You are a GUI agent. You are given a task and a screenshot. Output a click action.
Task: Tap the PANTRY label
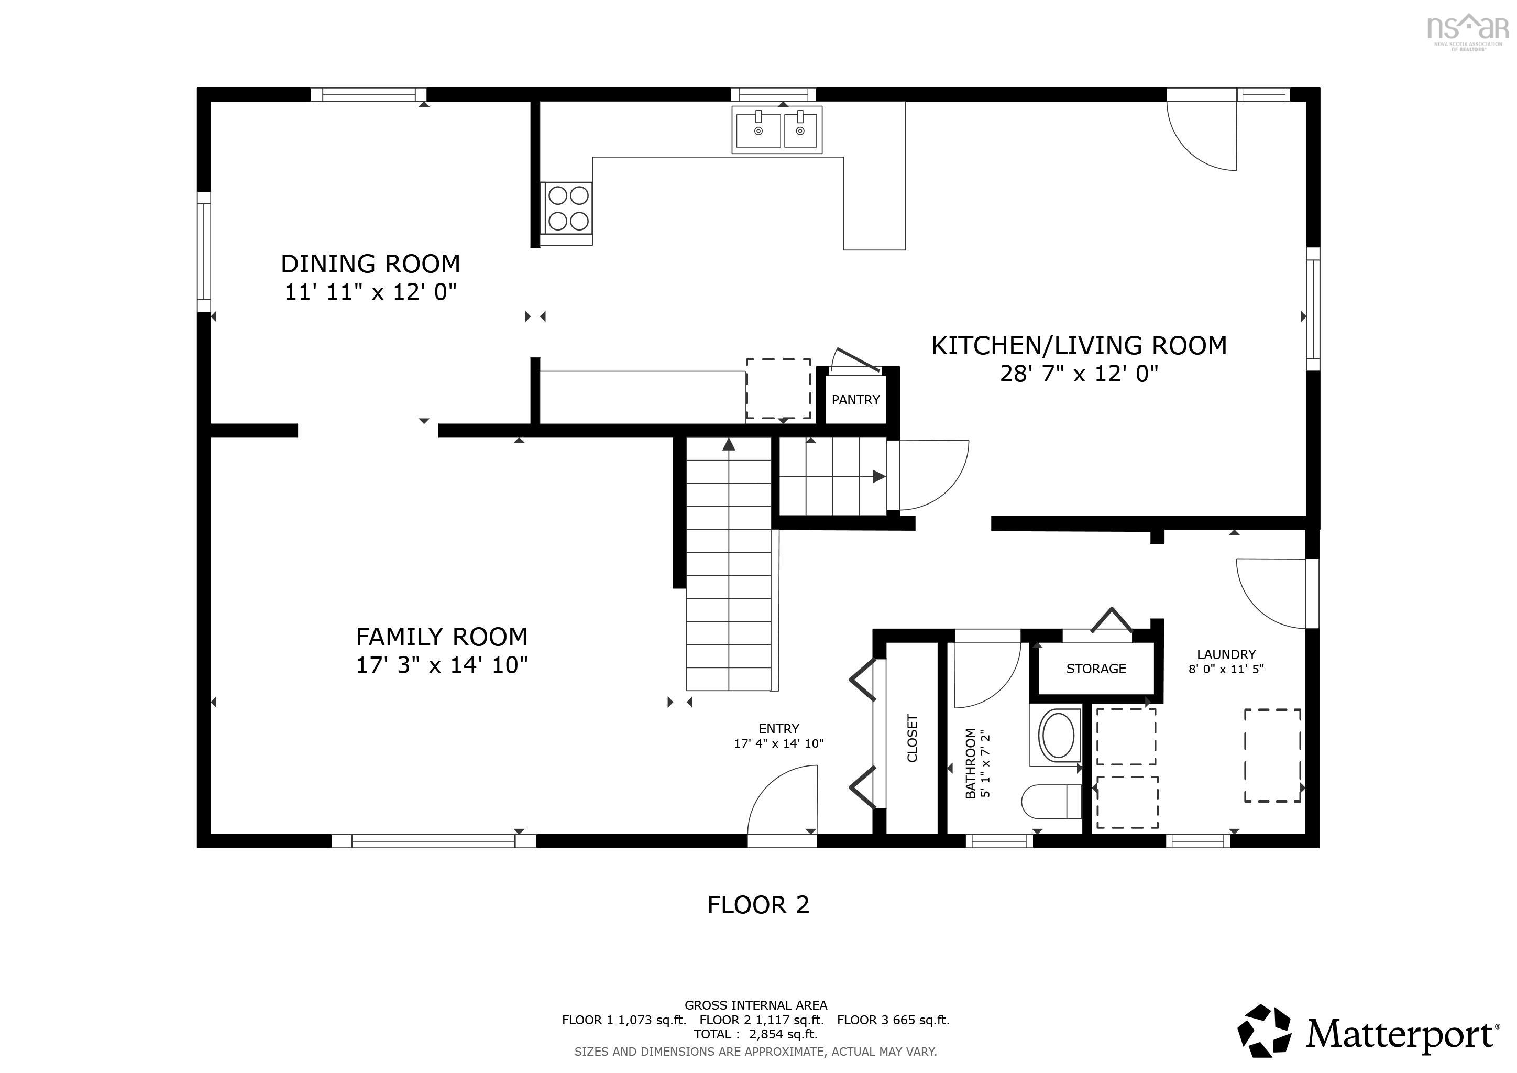855,400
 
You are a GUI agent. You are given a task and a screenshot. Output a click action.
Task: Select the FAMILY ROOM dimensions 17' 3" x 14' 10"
442,665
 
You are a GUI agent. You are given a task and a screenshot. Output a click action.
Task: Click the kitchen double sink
777,129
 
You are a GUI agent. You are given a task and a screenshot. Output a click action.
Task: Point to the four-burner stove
567,208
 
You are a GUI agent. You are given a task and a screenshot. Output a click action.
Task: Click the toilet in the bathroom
1051,802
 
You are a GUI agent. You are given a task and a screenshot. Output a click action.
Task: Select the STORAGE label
1096,669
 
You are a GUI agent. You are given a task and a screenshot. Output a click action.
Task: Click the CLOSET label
913,738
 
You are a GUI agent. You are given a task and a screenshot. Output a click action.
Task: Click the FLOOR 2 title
758,904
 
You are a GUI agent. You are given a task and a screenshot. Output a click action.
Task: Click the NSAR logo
1468,33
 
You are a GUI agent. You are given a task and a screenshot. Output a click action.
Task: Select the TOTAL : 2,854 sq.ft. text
756,1035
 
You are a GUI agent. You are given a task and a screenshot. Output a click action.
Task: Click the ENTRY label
779,729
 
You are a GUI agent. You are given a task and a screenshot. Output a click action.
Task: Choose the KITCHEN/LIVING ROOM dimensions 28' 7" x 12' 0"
1079,374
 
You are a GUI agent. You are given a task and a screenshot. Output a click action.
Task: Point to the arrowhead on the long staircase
729,444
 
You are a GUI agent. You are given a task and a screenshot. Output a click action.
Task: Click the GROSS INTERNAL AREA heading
756,1005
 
